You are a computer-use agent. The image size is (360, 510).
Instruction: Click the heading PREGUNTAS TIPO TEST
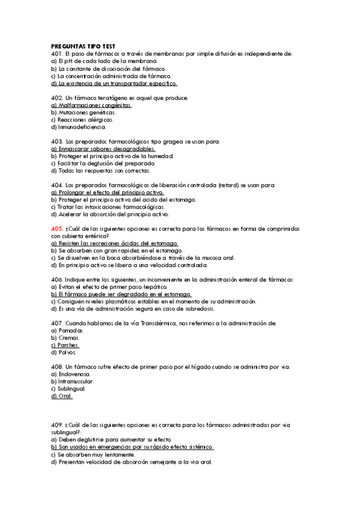coord(83,46)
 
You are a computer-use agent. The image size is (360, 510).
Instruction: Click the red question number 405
coord(57,229)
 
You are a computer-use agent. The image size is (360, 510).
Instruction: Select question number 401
coord(57,54)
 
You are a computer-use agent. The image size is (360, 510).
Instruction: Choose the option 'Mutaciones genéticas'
coord(84,112)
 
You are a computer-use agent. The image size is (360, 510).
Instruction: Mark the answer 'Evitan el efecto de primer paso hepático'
coord(104,287)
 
